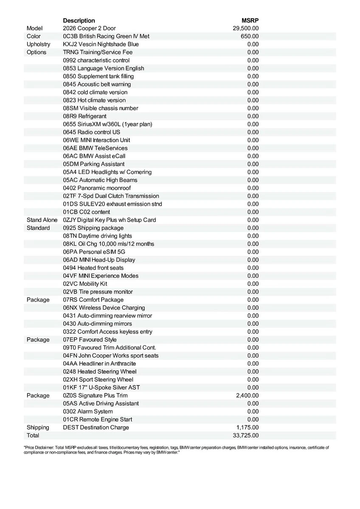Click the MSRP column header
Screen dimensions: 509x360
point(250,20)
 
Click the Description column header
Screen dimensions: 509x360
point(79,20)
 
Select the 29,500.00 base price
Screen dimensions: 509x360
point(246,28)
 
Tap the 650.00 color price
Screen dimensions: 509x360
point(250,36)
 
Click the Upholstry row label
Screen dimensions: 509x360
point(38,44)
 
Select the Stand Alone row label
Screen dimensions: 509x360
point(42,220)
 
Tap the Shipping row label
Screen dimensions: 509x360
point(38,427)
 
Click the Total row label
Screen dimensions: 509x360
point(33,435)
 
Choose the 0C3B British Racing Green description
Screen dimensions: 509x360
point(106,36)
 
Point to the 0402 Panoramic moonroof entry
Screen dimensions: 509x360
point(97,188)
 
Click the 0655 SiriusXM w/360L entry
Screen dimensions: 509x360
point(107,124)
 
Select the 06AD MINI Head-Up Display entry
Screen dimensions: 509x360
point(99,260)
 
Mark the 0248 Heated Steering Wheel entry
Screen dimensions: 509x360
point(100,371)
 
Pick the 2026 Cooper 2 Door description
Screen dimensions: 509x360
point(89,28)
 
